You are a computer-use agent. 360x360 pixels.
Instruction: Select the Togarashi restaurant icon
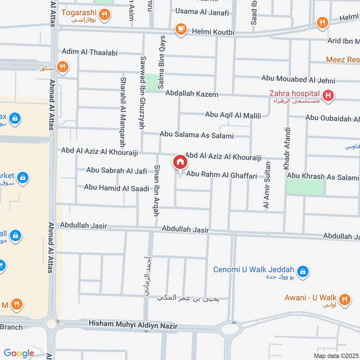(x=104, y=15)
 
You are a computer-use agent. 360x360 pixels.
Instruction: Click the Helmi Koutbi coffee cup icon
(x=181, y=28)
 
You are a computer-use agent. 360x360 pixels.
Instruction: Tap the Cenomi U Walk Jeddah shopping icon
(x=303, y=270)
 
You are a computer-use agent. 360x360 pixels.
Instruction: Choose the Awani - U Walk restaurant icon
(x=345, y=299)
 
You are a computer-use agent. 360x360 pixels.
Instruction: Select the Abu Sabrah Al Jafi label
(x=117, y=171)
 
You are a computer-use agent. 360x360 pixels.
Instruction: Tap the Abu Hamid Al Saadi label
(x=116, y=188)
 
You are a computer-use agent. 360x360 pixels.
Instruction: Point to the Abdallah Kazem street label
(x=192, y=94)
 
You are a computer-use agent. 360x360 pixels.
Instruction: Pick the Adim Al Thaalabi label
(x=90, y=52)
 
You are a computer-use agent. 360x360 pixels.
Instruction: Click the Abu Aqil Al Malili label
(x=233, y=116)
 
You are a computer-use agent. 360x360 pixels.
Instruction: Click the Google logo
(x=19, y=353)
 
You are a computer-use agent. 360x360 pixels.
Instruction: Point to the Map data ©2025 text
(x=336, y=355)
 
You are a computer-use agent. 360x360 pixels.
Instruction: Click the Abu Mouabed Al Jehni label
(x=298, y=80)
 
